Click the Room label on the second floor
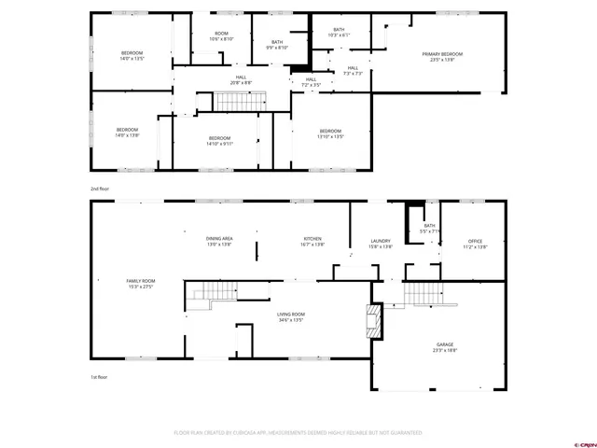(221, 36)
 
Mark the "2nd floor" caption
(100, 189)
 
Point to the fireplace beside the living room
(374, 320)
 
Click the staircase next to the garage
(421, 296)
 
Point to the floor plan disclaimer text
(298, 433)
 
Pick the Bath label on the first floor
(430, 229)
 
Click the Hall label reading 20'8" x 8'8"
(241, 79)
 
